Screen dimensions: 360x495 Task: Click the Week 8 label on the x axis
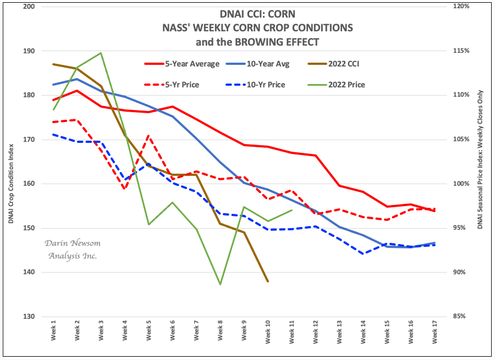[221, 333]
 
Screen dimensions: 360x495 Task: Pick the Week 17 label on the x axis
[435, 333]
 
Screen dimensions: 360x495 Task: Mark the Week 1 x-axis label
[53, 333]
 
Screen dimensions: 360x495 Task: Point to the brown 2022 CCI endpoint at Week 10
[268, 281]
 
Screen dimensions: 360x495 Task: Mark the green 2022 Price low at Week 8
[221, 284]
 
